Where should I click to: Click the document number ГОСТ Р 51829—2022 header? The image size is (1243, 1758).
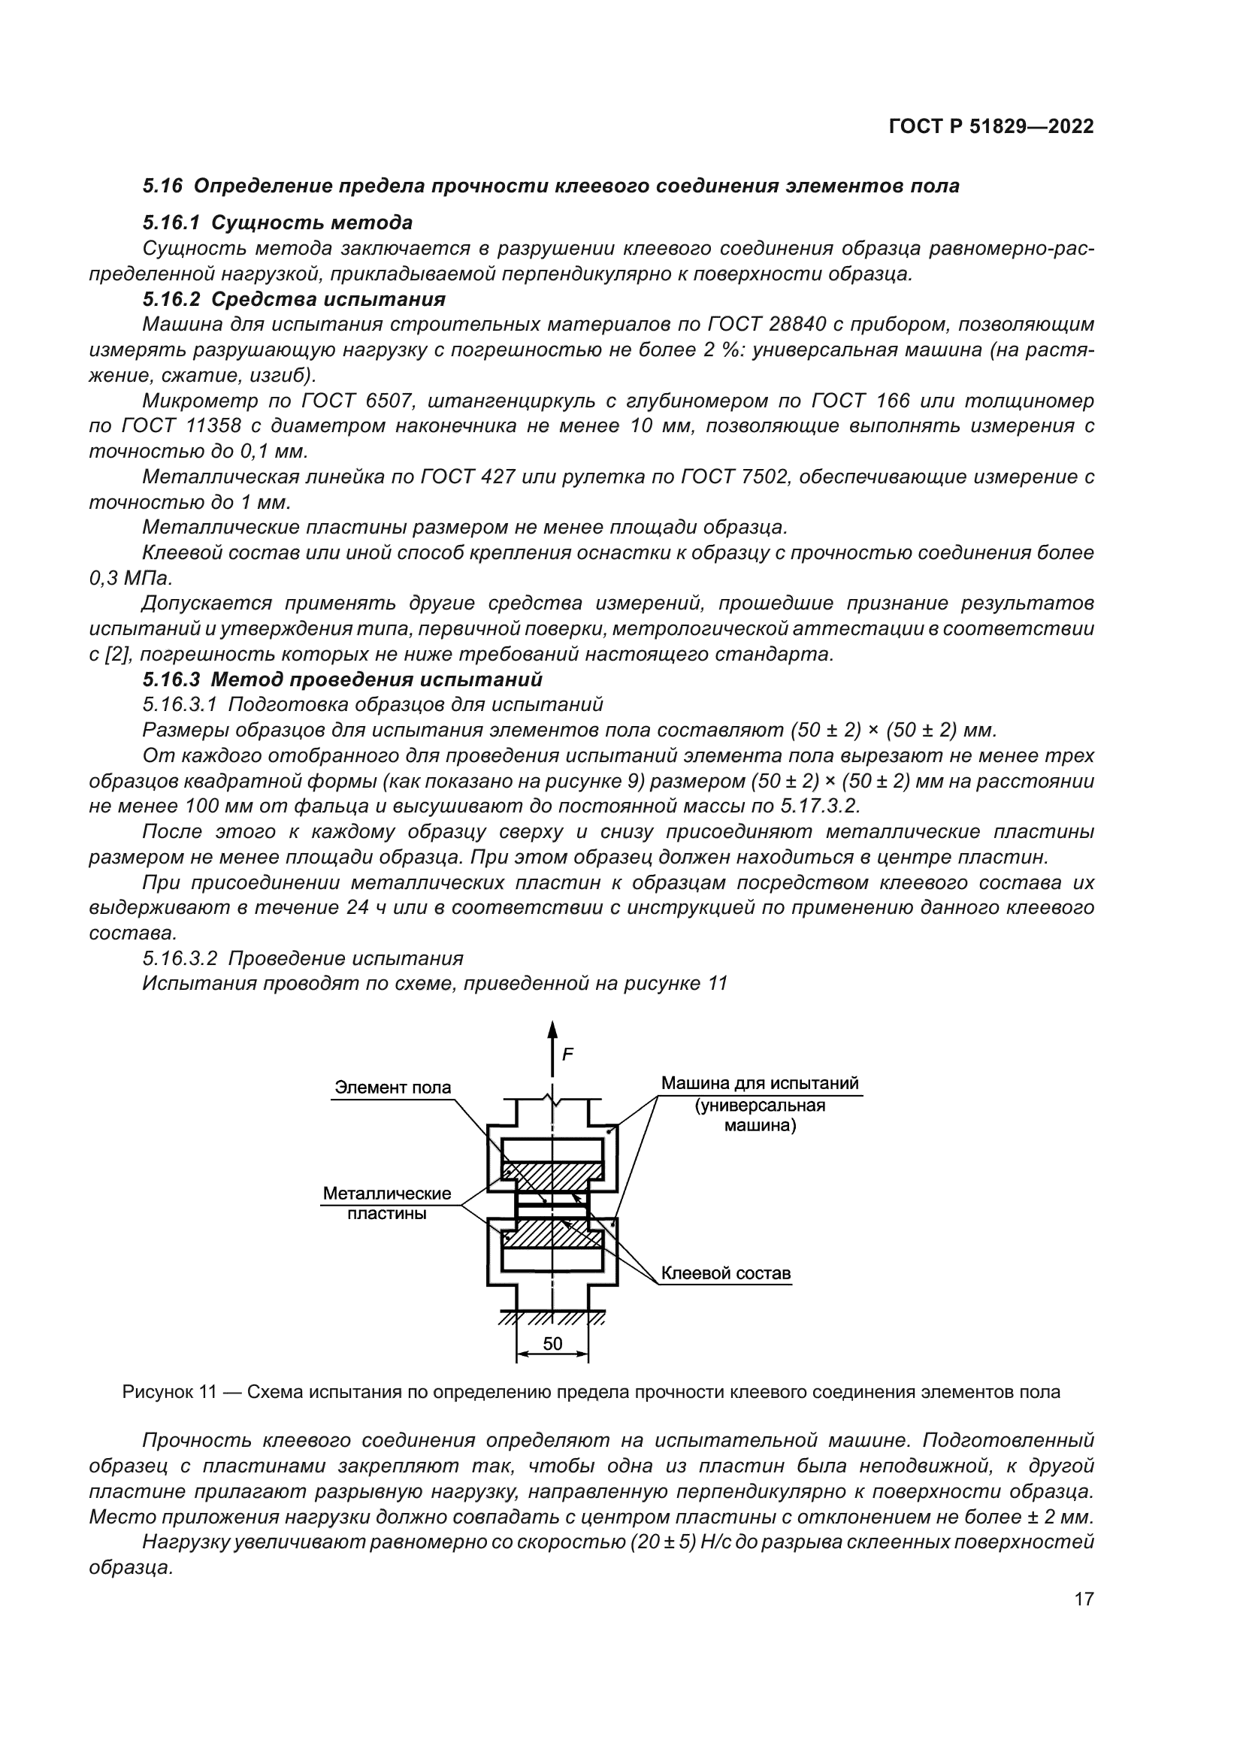coord(991,127)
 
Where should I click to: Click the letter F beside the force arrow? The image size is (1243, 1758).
coord(568,1054)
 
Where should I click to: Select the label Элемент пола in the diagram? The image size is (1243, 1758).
coord(392,1088)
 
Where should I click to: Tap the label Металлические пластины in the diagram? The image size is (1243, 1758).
coord(386,1203)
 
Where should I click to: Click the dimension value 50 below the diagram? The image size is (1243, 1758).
coord(552,1343)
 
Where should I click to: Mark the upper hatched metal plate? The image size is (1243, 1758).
coord(552,1172)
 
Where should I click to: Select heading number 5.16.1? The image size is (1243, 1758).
coord(171,222)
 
